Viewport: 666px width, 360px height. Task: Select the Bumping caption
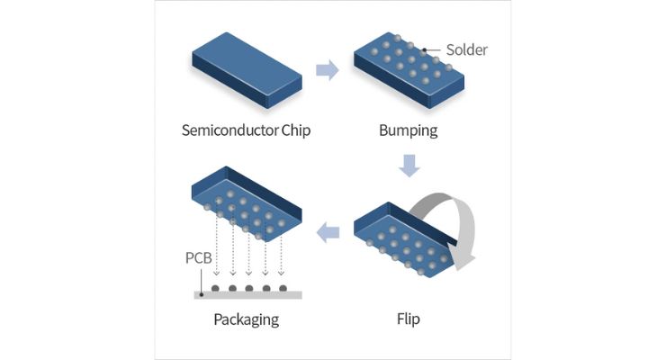point(408,130)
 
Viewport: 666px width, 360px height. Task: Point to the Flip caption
point(408,319)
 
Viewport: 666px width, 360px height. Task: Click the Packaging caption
point(246,319)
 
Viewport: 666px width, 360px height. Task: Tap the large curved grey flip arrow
point(445,225)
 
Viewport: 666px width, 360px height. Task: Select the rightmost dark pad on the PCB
point(283,289)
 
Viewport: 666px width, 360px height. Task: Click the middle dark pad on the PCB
point(249,289)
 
